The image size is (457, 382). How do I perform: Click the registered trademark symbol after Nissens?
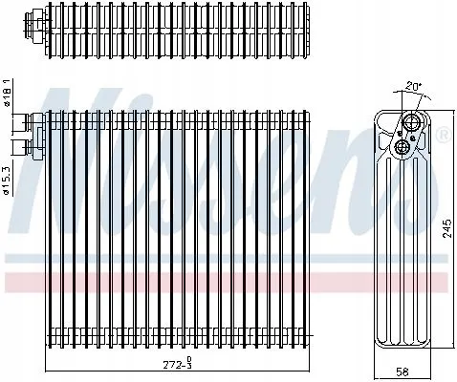click(x=443, y=139)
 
